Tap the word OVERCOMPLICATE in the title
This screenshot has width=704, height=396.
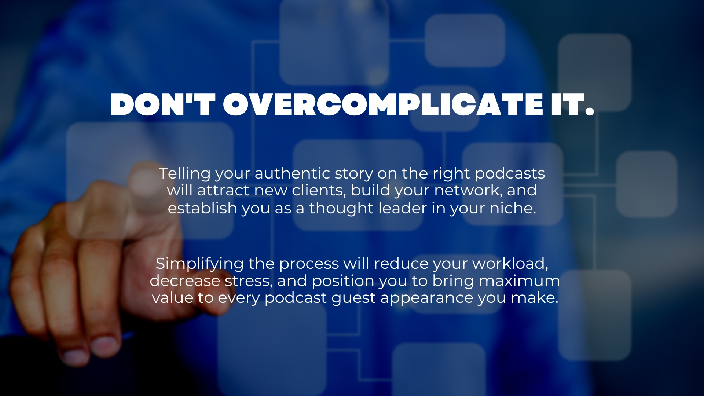tap(383, 104)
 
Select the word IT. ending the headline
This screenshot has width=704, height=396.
tap(572, 104)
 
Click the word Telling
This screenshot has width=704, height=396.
tap(185, 174)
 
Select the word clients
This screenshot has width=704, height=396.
tap(319, 191)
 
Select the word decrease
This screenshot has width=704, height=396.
tap(185, 281)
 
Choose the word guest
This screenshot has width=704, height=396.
tap(353, 298)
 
